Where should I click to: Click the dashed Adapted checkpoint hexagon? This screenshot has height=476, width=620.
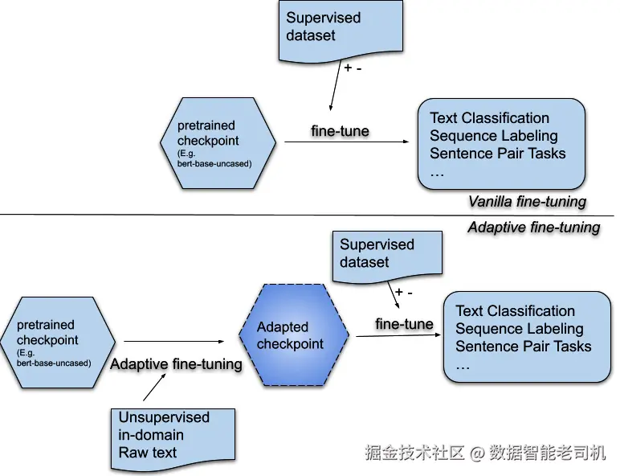294,335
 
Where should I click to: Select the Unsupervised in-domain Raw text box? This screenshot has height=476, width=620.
173,439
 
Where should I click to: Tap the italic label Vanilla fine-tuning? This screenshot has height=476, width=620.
527,202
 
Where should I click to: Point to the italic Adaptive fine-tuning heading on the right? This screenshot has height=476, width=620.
534,228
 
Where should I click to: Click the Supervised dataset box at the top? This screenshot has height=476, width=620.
341,31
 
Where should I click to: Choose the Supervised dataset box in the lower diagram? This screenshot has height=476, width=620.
387,256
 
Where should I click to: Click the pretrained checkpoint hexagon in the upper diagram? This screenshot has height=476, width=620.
218,143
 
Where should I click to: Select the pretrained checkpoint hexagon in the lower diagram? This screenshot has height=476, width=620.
58,343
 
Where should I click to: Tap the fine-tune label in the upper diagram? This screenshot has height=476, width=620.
340,131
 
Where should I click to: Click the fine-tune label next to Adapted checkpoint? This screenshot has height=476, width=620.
404,324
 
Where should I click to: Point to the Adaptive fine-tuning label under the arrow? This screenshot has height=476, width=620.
176,364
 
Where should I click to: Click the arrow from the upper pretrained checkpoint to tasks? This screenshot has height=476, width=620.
347,142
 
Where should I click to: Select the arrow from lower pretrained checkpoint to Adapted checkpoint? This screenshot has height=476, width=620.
174,341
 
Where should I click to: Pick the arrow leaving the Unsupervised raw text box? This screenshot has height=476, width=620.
155,387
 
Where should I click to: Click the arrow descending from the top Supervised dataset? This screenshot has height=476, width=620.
336,86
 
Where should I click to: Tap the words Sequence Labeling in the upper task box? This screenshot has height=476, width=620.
493,135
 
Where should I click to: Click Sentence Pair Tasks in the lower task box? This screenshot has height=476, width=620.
523,346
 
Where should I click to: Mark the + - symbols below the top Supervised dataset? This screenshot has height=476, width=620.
353,68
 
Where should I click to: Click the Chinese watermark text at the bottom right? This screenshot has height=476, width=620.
485,452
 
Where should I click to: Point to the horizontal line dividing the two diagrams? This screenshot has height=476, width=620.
307,215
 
